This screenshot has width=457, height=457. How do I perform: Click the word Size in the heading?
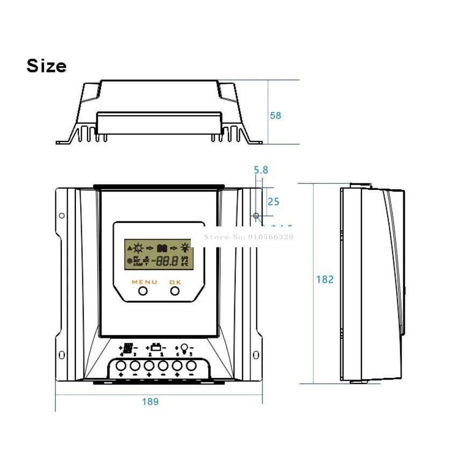coord(47,66)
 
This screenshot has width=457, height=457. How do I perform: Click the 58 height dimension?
coord(276,115)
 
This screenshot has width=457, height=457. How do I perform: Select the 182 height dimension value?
coord(325,279)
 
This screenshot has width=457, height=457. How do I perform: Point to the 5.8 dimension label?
coord(261,170)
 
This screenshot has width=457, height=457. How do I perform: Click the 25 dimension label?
coord(273,202)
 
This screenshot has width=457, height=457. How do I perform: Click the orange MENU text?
coord(144,282)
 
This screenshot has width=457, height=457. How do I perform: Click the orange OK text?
coord(175,282)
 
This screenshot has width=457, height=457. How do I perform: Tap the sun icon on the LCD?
coord(139,248)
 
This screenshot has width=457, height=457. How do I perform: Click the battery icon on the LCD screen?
coord(162,248)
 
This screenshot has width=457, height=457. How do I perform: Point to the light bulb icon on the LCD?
coord(185,248)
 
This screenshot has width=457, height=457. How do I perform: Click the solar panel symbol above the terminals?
coord(128,347)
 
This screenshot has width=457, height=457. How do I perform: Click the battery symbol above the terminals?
coord(156,347)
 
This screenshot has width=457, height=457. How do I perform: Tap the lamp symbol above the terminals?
coord(184,347)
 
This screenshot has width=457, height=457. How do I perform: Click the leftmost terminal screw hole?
coord(121,367)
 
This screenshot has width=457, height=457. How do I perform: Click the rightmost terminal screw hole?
coord(190,367)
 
